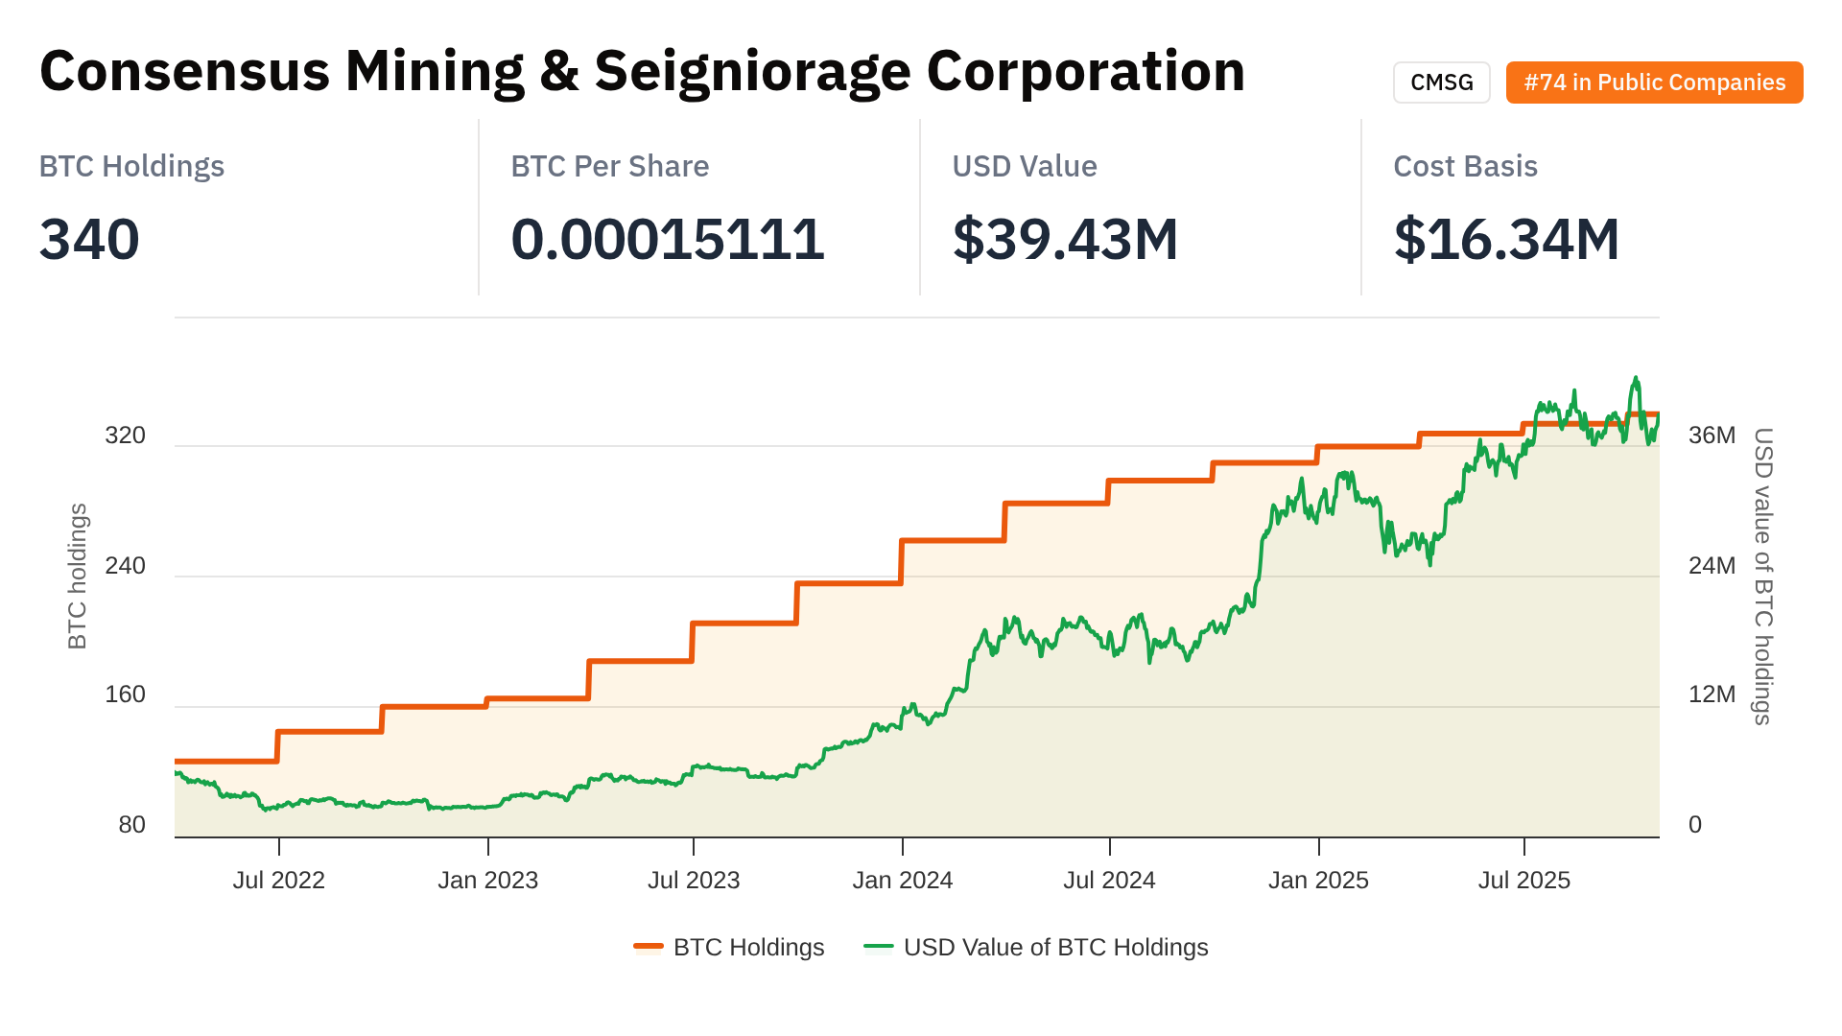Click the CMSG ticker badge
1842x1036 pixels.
pyautogui.click(x=1441, y=82)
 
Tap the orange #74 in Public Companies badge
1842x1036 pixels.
pyautogui.click(x=1654, y=82)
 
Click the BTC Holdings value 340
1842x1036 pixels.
pyautogui.click(x=89, y=239)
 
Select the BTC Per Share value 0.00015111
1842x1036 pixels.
pyautogui.click(x=667, y=239)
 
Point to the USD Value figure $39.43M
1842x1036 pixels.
pyautogui.click(x=1065, y=239)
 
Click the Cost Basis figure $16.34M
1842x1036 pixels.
pyautogui.click(x=1506, y=239)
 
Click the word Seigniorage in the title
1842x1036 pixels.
pyautogui.click(x=752, y=72)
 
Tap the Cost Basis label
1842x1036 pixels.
pyautogui.click(x=1465, y=166)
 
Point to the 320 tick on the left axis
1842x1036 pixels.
pyautogui.click(x=125, y=436)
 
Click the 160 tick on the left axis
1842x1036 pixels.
pyautogui.click(x=125, y=695)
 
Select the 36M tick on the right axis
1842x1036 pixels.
pyautogui.click(x=1712, y=436)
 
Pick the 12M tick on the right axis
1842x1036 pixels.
pyautogui.click(x=1712, y=695)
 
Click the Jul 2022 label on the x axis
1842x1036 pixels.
pyautogui.click(x=278, y=881)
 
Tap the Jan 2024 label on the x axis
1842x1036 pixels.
pyautogui.click(x=902, y=881)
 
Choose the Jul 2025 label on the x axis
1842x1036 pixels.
pyautogui.click(x=1523, y=881)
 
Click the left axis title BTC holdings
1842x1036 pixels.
pyautogui.click(x=77, y=576)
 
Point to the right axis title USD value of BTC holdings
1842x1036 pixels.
pyautogui.click(x=1763, y=576)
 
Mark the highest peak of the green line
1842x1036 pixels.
pyautogui.click(x=1636, y=378)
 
